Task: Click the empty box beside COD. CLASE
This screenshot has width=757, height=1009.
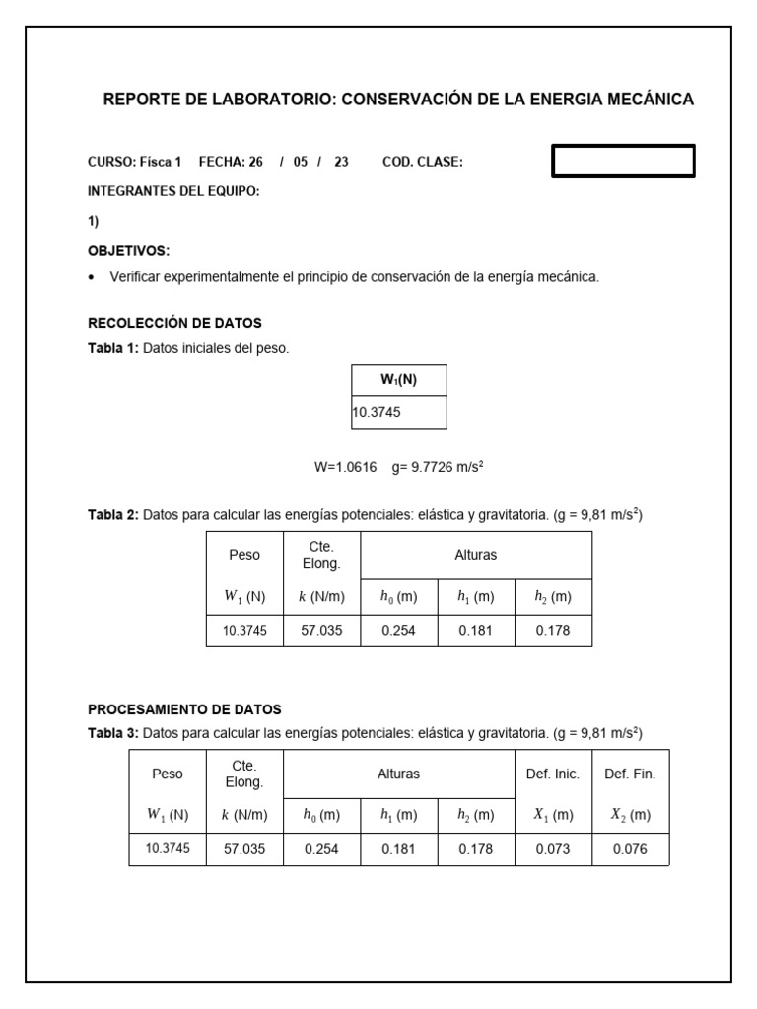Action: (x=623, y=161)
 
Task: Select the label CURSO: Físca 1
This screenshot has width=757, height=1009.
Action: (x=135, y=162)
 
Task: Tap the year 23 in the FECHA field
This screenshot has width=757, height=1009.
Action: (x=341, y=162)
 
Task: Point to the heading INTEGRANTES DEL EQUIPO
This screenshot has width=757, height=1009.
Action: (x=173, y=191)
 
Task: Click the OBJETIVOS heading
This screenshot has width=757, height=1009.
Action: (x=129, y=251)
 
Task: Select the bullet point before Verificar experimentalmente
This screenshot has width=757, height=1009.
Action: (x=93, y=278)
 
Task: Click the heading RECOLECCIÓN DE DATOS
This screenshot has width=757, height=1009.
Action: (x=175, y=323)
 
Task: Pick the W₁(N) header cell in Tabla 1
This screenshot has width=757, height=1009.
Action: (x=399, y=380)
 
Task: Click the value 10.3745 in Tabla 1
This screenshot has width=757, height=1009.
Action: (x=377, y=413)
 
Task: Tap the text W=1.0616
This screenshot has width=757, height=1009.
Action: (x=345, y=468)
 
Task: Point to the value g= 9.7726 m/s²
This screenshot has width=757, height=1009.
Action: (x=437, y=468)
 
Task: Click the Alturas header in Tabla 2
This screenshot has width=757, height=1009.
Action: (x=476, y=555)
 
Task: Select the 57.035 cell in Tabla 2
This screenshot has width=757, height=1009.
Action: (x=321, y=631)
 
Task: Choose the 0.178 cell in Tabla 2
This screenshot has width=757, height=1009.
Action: (x=553, y=631)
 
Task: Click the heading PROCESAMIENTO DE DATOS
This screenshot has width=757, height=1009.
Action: (x=184, y=709)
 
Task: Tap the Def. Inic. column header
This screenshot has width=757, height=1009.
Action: (x=553, y=774)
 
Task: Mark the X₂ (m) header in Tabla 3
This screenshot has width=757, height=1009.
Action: (x=630, y=815)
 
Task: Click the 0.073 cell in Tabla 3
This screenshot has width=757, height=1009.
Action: (x=553, y=849)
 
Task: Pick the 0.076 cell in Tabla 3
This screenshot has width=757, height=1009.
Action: (x=630, y=849)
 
